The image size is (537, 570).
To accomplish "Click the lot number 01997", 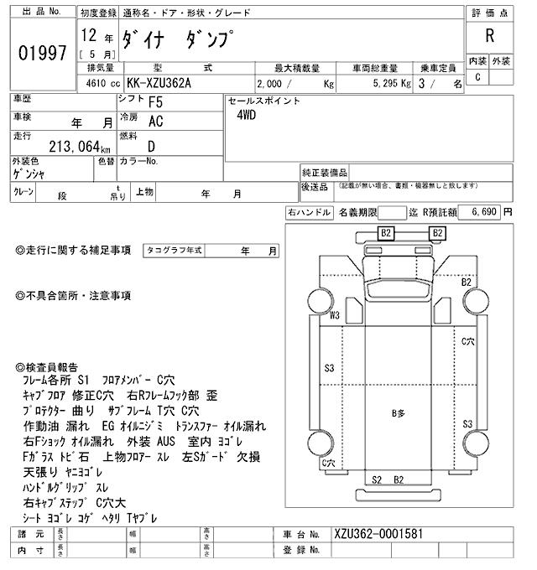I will (x=41, y=53).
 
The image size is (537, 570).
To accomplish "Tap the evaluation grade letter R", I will (x=489, y=35).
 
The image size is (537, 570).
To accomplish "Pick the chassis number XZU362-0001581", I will (x=378, y=534).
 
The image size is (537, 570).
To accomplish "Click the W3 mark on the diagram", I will (x=334, y=316).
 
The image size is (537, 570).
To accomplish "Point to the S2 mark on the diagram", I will (x=378, y=479).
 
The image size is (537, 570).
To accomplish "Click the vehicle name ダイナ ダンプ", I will (x=179, y=39).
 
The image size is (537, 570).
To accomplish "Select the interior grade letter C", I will (x=477, y=77).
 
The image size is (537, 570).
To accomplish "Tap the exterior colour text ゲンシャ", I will (x=29, y=173).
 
